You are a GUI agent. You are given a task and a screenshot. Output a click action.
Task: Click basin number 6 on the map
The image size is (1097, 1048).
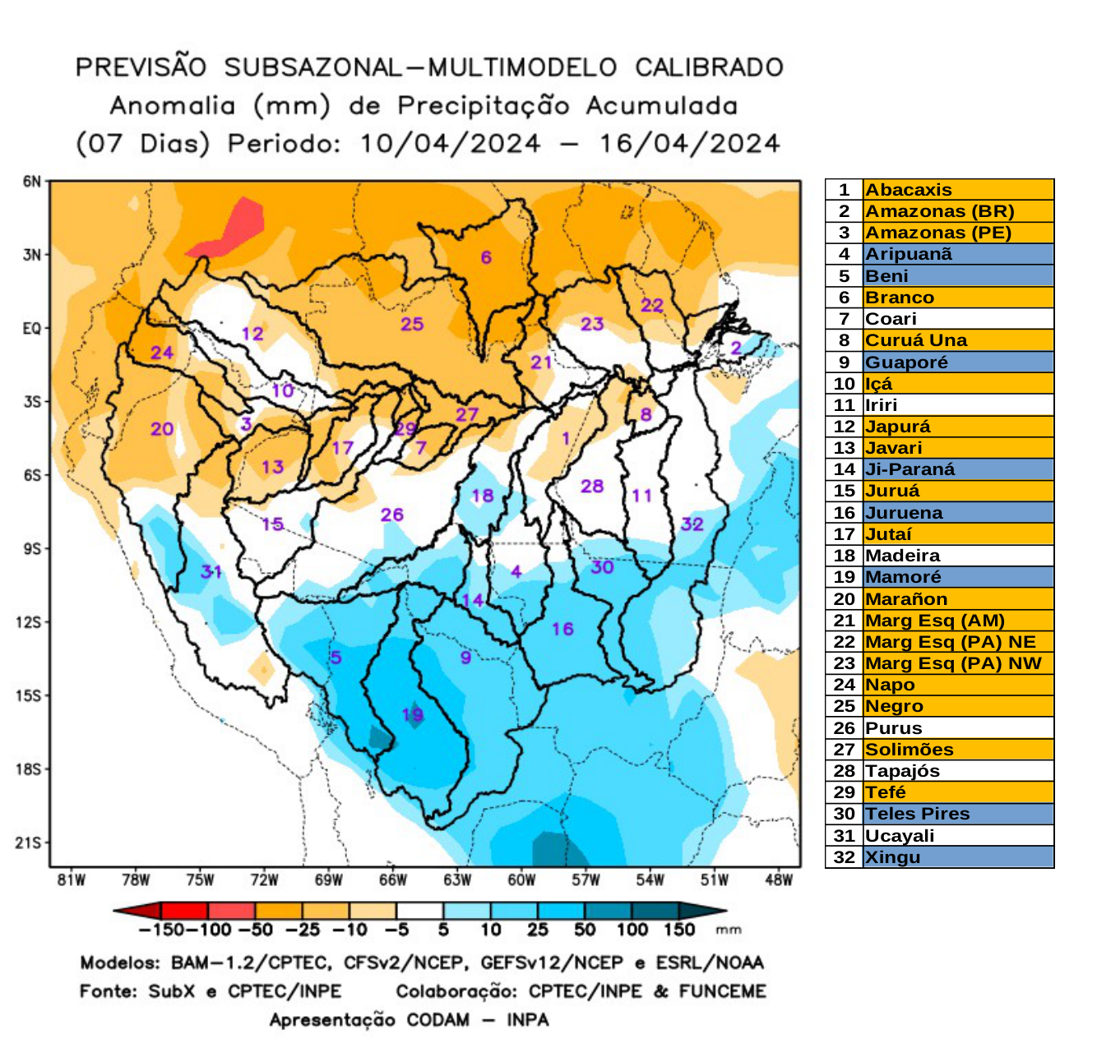pyautogui.click(x=486, y=257)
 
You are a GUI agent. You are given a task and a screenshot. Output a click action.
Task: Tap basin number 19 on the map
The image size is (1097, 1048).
pyautogui.click(x=412, y=714)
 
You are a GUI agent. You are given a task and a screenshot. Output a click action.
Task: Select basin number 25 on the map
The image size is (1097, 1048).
pyautogui.click(x=412, y=324)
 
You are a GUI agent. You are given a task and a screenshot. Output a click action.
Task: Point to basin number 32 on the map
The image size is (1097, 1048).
pyautogui.click(x=692, y=524)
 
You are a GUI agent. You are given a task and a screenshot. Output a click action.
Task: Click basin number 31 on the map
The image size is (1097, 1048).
pyautogui.click(x=211, y=570)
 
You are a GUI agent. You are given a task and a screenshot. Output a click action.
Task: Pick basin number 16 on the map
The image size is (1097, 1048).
pyautogui.click(x=562, y=629)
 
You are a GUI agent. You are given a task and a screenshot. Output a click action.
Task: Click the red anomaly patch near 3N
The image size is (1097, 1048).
pyautogui.click(x=230, y=229)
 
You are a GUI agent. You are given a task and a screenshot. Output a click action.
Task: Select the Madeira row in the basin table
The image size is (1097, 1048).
pyautogui.click(x=902, y=556)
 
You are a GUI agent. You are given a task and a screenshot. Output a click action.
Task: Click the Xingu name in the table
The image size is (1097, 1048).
pyautogui.click(x=892, y=857)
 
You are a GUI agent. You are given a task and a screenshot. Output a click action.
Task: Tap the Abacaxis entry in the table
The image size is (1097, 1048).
pyautogui.click(x=909, y=190)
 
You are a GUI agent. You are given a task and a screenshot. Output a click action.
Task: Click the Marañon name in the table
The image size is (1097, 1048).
pyautogui.click(x=906, y=599)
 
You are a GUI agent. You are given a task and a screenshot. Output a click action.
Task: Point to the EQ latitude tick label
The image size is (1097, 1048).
pyautogui.click(x=31, y=329)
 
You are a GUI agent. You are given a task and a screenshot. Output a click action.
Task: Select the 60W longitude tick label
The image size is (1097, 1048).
pyautogui.click(x=521, y=880)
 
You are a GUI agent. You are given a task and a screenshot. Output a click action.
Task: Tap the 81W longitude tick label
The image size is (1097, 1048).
pyautogui.click(x=72, y=880)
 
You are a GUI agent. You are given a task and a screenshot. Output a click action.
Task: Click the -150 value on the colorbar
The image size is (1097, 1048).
pyautogui.click(x=155, y=930)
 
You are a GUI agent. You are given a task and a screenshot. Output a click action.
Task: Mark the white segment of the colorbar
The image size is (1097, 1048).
pyautogui.click(x=419, y=911)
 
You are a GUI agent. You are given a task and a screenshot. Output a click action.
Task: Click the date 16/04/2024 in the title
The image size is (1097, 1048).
pyautogui.click(x=689, y=144)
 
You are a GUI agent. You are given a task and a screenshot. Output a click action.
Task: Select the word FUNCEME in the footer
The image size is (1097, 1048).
pyautogui.click(x=722, y=991)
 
